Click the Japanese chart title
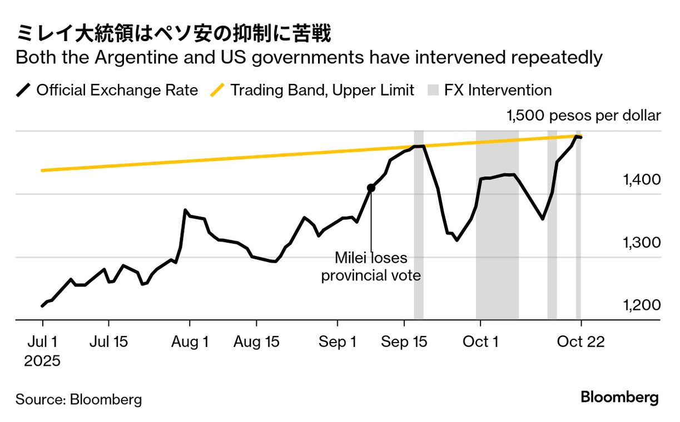(173, 34)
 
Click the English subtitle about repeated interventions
(309, 58)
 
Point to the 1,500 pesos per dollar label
(583, 115)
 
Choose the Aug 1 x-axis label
(190, 342)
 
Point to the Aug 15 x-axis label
(256, 342)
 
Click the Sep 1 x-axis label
(337, 342)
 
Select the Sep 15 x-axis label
(404, 342)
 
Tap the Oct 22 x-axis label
(581, 342)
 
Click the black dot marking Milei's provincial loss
(371, 188)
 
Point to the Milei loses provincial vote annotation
(371, 267)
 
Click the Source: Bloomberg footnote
(78, 399)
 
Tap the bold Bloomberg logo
(619, 398)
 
